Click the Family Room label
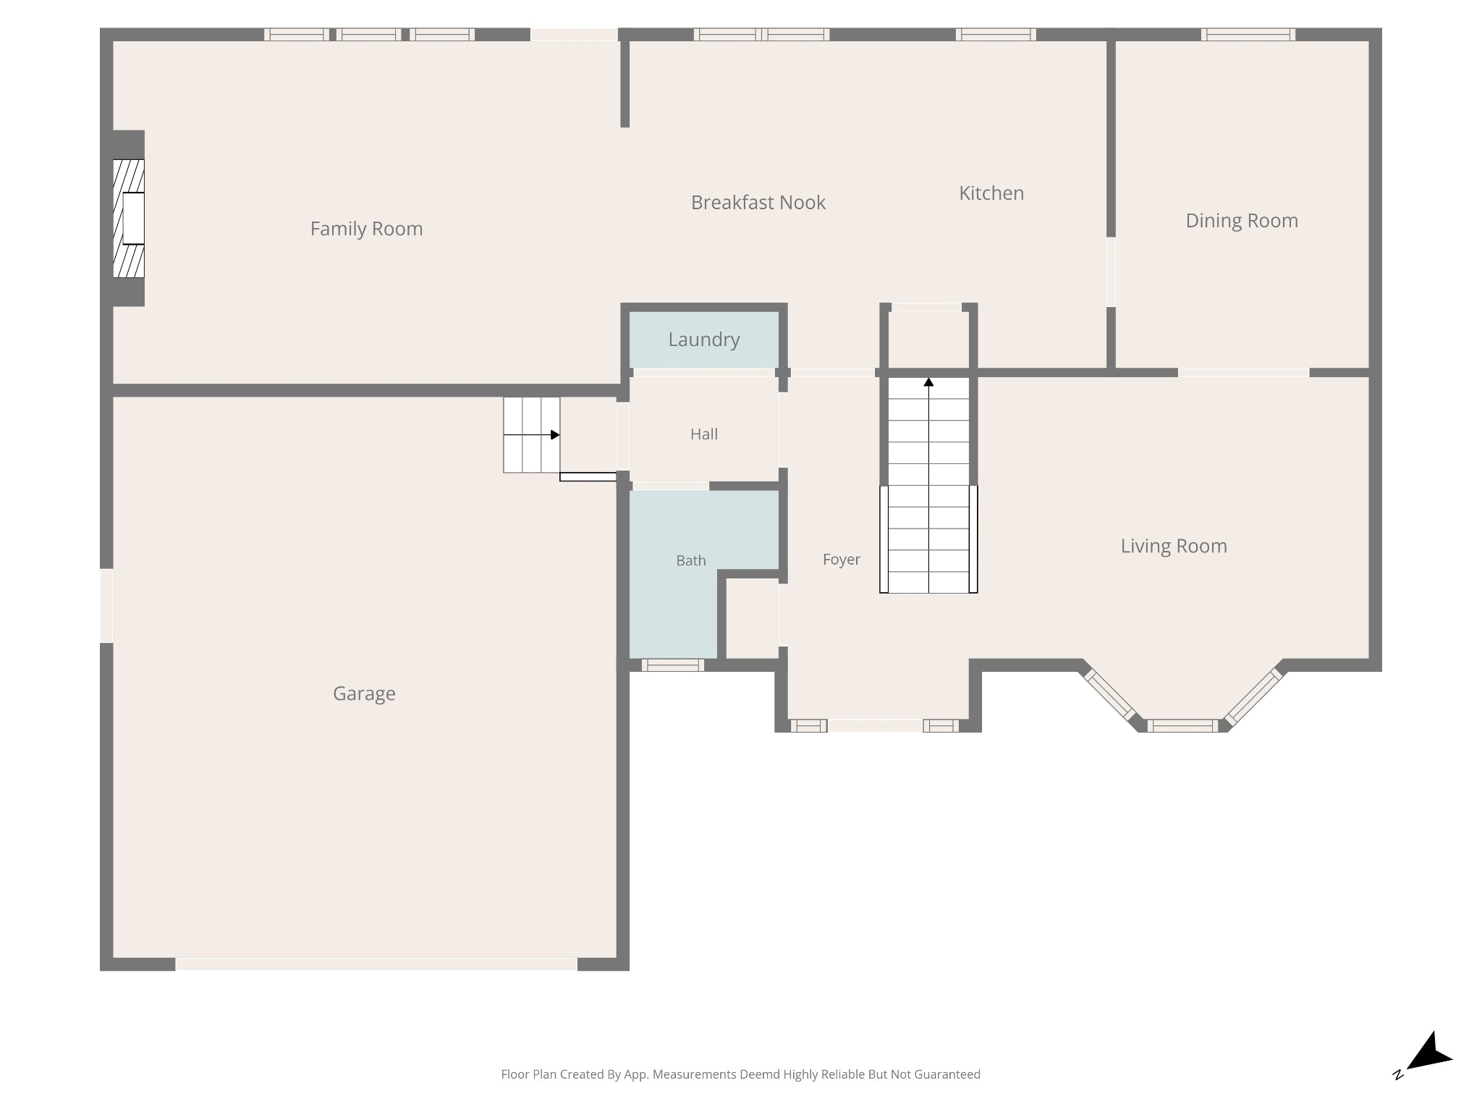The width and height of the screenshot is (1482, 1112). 366,229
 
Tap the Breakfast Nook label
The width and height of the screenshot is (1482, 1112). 758,203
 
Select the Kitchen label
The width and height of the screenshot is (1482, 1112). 991,193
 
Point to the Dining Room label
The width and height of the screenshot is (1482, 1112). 1242,221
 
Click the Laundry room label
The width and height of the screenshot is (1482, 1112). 704,340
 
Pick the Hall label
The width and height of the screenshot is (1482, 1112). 704,434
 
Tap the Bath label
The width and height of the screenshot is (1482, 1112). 691,560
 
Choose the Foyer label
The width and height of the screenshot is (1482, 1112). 842,560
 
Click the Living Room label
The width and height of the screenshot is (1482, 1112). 1174,546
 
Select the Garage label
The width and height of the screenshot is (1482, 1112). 364,694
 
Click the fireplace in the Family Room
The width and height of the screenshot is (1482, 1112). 129,218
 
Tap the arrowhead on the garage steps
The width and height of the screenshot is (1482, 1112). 555,435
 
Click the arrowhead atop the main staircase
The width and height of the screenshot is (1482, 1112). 928,382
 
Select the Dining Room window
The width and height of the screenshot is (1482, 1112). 1248,34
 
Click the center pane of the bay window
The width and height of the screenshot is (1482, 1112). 1182,725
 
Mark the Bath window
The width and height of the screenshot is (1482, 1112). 672,665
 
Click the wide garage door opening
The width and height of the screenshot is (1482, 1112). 376,964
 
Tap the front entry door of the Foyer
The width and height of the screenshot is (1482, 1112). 875,725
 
